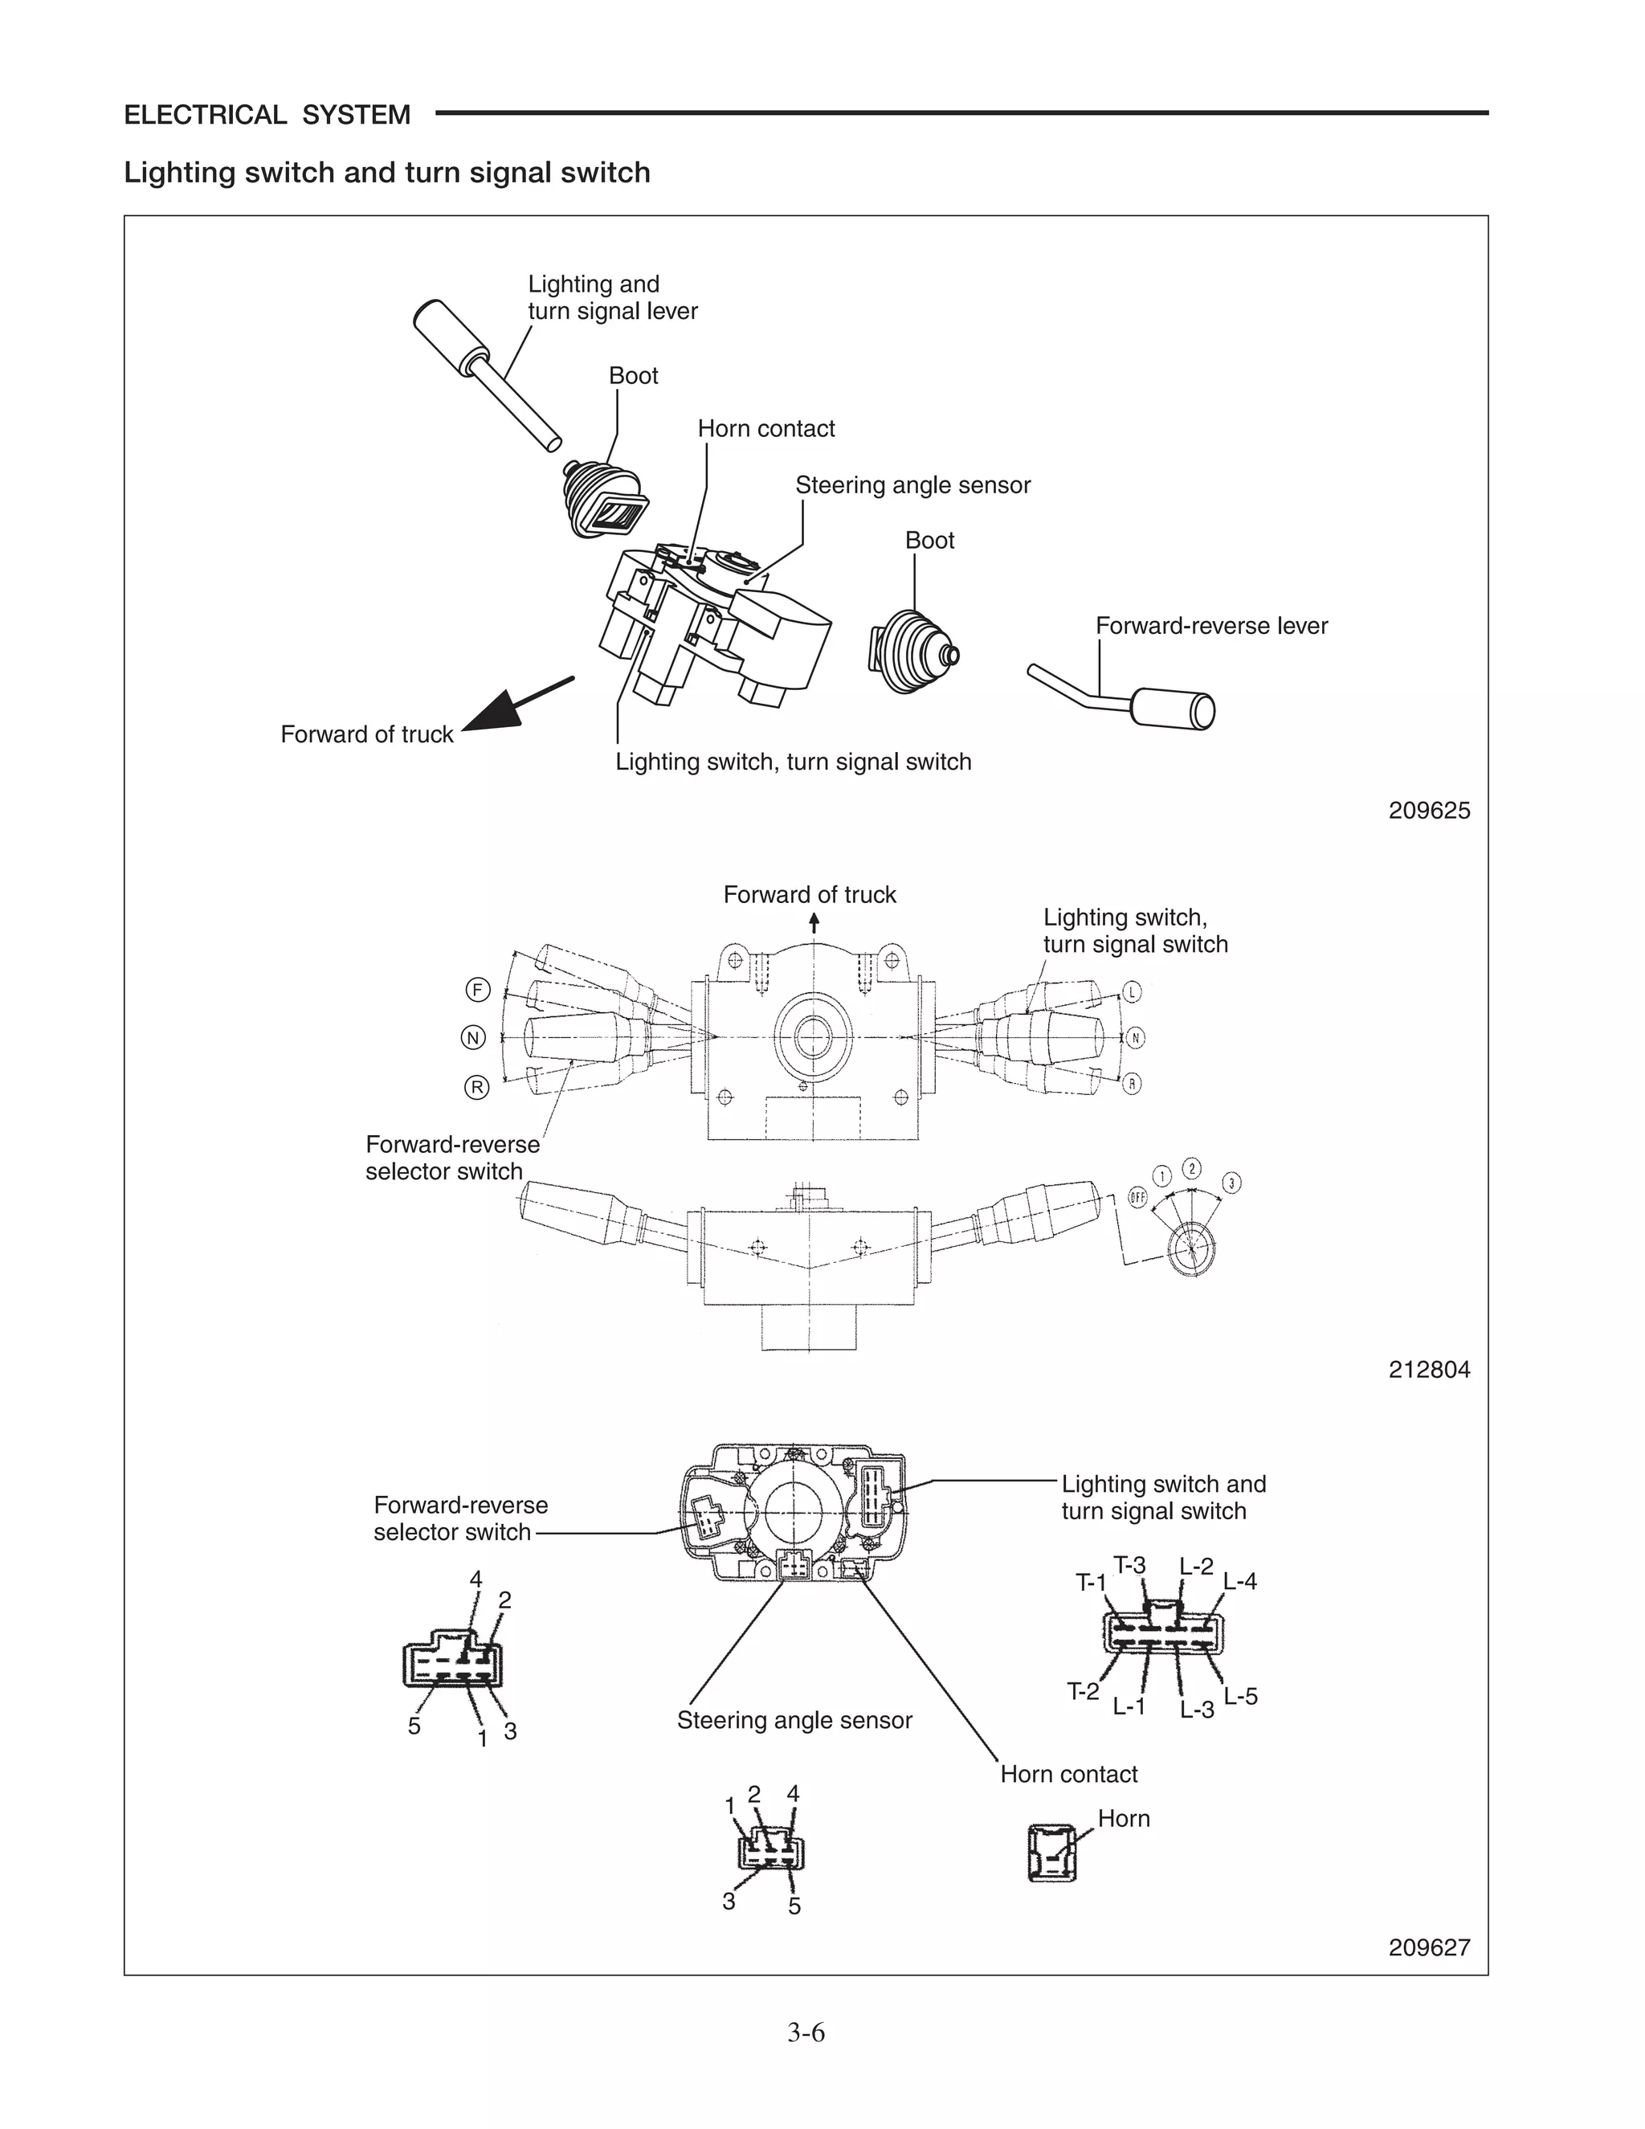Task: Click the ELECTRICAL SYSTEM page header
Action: [267, 115]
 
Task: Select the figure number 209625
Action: [1429, 811]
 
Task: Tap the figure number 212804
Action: [1429, 1370]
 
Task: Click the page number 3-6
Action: [806, 2033]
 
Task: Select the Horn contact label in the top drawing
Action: [766, 429]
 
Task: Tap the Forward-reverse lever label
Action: [1211, 626]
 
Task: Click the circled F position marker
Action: [476, 991]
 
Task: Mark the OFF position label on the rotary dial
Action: [1137, 1197]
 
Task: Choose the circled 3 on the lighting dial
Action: [1232, 1183]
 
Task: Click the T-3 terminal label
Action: [1129, 1567]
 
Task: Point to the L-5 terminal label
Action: [1240, 1696]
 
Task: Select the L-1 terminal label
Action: [1129, 1706]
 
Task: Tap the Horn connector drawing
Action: [1051, 1853]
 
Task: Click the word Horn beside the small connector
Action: [1124, 1819]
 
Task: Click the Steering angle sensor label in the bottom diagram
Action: [794, 1721]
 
